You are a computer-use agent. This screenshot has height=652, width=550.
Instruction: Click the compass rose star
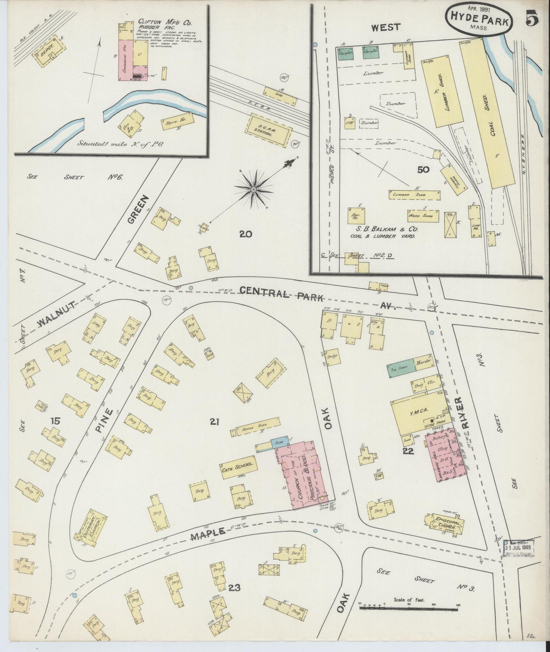tap(253, 189)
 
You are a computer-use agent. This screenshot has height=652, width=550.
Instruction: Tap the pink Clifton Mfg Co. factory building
tap(127, 60)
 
